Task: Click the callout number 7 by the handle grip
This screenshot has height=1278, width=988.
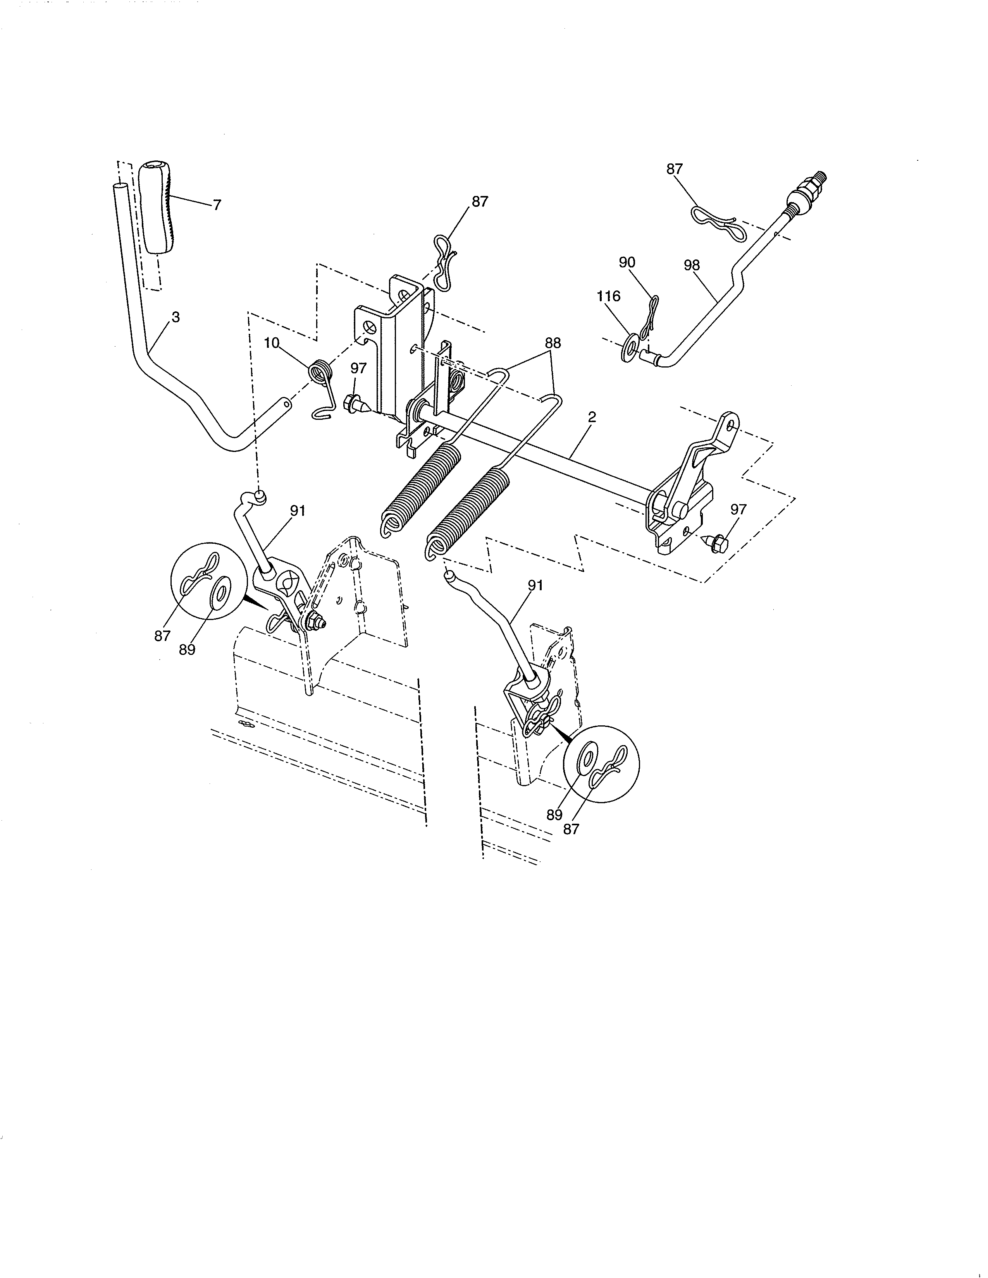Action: coord(217,205)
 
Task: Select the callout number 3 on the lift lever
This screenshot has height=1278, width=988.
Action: coord(176,317)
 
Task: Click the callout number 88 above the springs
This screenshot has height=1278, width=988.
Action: coord(553,343)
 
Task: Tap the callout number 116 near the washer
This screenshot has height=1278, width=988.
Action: coord(608,297)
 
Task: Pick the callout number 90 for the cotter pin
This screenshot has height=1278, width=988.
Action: coord(627,263)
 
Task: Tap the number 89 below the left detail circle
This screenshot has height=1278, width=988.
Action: coord(187,650)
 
